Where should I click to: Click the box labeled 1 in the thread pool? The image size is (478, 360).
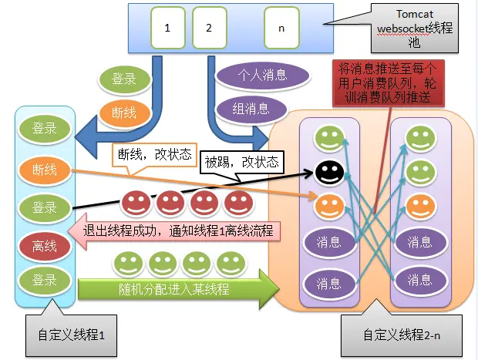click(167, 29)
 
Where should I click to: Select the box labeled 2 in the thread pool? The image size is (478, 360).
click(207, 29)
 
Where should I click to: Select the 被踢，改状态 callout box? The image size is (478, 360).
click(241, 163)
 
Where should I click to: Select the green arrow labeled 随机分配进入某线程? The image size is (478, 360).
click(177, 290)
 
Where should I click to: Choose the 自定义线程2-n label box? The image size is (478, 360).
click(400, 335)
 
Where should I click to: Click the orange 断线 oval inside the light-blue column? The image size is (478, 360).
click(44, 169)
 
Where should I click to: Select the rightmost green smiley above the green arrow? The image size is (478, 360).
click(229, 264)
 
